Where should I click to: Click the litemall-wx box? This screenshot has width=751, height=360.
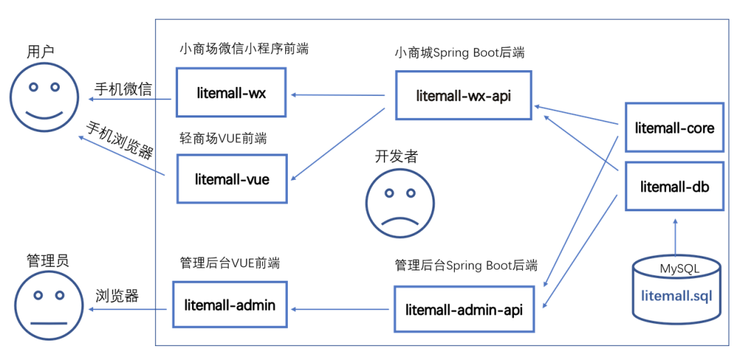coord(231,92)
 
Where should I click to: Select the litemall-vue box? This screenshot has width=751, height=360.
coord(232,179)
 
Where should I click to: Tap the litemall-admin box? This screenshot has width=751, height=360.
coord(229,305)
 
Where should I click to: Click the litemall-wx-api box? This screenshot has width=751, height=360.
coord(463,95)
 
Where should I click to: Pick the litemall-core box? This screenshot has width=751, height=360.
coord(675,128)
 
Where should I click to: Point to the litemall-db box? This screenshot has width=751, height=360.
coord(675,186)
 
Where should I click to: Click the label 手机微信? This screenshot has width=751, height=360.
coord(123,89)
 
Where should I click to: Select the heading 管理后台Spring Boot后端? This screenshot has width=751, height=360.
coord(466,265)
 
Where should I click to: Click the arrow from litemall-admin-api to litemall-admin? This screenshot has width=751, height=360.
coord(341,308)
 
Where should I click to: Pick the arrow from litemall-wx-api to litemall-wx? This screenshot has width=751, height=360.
coord(338,95)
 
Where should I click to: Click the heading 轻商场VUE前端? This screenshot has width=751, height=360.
coord(223,138)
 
